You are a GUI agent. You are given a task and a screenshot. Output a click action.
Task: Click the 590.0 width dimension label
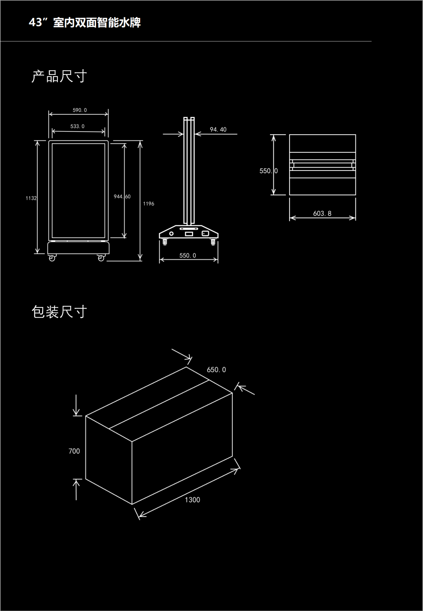(x=80, y=110)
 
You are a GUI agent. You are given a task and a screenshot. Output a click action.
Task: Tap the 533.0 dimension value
(x=77, y=126)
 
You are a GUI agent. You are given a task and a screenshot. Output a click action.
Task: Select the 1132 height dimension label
(x=31, y=198)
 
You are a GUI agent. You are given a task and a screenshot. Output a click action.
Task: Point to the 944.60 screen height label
(x=122, y=197)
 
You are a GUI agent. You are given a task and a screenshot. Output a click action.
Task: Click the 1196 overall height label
(x=149, y=204)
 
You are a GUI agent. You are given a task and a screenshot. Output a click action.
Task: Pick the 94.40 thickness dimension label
(x=218, y=129)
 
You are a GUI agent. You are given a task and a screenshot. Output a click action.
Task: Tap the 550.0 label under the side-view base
(x=188, y=255)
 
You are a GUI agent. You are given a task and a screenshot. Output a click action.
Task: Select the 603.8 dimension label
(x=322, y=213)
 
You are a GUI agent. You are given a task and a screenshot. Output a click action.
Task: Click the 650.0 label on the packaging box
(x=216, y=370)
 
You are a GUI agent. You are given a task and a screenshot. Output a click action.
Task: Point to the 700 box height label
(x=74, y=451)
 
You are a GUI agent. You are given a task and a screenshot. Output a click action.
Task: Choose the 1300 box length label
(x=192, y=500)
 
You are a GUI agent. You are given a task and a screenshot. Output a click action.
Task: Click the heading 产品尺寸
(x=59, y=76)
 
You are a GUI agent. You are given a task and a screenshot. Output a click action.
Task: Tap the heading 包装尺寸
(x=59, y=312)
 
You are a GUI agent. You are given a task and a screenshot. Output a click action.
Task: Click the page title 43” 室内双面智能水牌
(x=85, y=23)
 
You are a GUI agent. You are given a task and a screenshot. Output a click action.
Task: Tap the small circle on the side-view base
(x=171, y=234)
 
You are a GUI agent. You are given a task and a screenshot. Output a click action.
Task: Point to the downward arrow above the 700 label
(x=77, y=406)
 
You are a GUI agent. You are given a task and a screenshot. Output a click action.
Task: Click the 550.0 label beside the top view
(x=268, y=171)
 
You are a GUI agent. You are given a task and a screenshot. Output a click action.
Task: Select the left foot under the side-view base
(x=165, y=243)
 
